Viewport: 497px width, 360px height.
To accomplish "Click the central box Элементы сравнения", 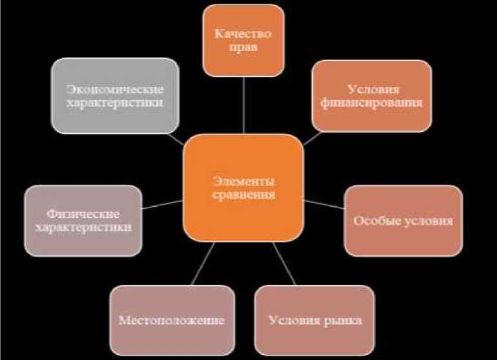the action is coord(243,187).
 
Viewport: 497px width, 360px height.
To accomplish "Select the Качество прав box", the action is coord(243,40).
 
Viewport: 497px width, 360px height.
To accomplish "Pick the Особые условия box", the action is coord(403,220).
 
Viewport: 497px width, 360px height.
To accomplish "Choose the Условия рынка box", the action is coord(315,319).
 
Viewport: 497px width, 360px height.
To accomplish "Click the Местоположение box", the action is coord(171,319).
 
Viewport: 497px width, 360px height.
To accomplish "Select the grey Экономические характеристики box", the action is coord(115,96).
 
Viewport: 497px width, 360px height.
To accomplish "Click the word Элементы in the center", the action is coord(243,180).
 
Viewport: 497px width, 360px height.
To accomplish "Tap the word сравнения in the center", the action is coord(243,194).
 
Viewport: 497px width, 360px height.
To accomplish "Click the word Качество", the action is coord(244,34).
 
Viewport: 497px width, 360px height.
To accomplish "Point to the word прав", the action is coord(243,47).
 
